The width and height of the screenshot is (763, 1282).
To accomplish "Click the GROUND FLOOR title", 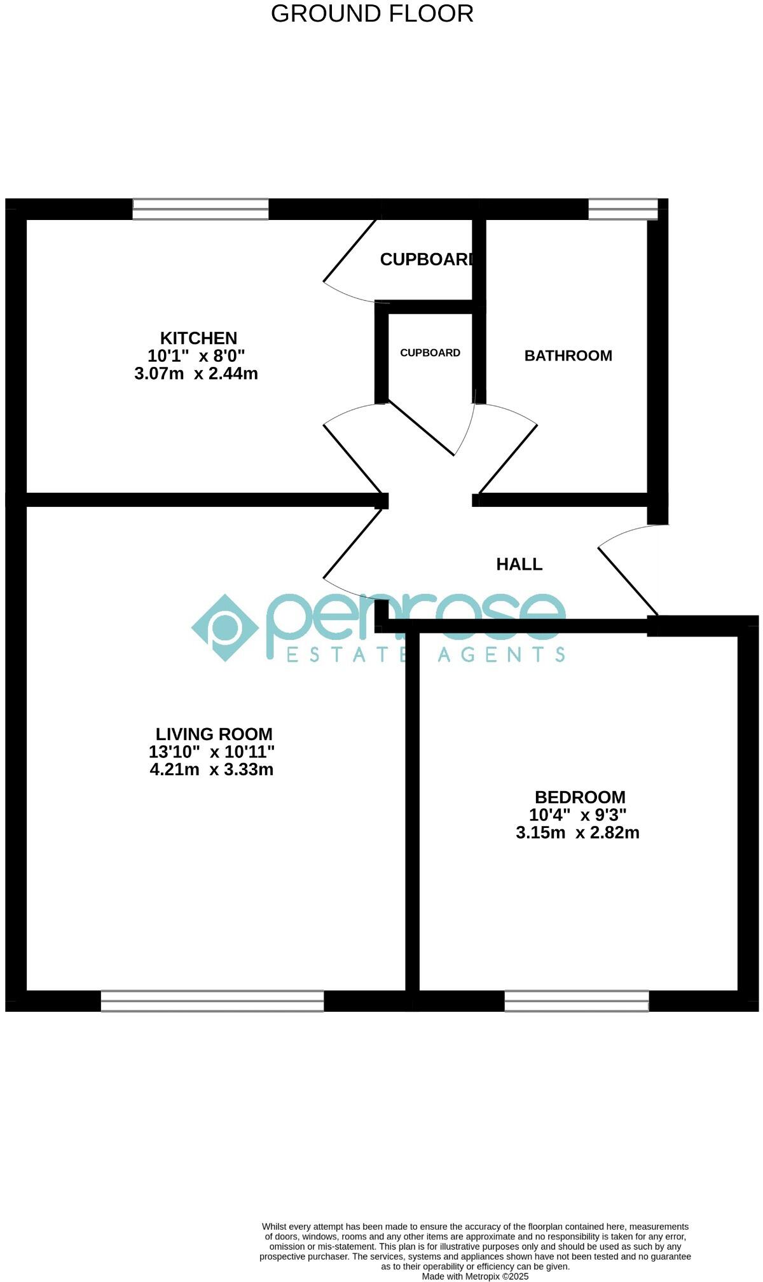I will click(372, 14).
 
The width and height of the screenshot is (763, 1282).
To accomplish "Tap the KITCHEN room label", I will click(198, 338).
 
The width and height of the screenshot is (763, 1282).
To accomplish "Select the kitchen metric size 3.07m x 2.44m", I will click(196, 374).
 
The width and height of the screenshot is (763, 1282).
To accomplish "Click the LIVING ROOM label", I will click(214, 734).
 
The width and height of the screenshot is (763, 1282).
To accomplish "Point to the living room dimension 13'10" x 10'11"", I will click(212, 752).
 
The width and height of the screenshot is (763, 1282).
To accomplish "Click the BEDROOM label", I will click(580, 797).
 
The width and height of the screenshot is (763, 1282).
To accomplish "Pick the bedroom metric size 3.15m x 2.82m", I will click(577, 833).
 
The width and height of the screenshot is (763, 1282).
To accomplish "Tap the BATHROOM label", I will click(568, 356).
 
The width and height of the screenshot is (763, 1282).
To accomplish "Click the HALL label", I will click(519, 565).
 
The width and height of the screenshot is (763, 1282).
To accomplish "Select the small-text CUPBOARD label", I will click(430, 353).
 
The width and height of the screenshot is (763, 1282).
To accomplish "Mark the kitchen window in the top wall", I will click(200, 209).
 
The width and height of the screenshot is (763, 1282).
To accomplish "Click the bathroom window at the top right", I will click(622, 209).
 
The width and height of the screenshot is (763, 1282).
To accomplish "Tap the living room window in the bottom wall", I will click(212, 1001).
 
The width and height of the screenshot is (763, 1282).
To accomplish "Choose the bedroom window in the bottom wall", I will click(576, 1001).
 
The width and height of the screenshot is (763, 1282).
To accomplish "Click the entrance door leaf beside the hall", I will click(628, 581).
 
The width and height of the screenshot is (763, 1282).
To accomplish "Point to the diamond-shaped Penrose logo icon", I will click(225, 628).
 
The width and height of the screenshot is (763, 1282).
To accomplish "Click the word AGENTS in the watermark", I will click(502, 654).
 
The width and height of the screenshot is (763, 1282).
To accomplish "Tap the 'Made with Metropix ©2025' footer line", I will click(475, 1276).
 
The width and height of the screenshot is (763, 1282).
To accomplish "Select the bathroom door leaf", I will click(507, 459).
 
